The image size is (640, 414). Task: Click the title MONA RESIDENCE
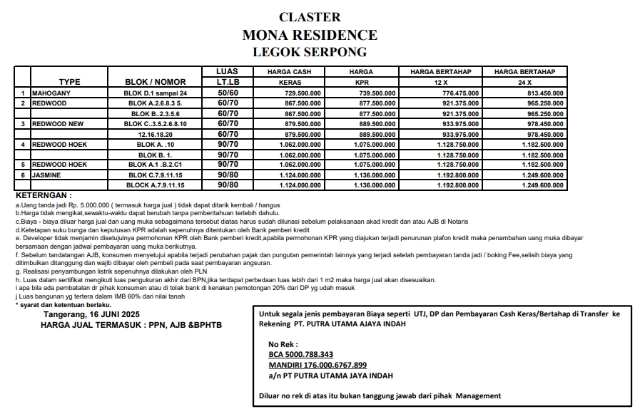[x=310, y=35]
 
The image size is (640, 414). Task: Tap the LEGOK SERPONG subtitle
[x=310, y=52]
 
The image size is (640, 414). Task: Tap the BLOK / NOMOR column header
[x=155, y=82]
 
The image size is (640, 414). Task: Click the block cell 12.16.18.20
[x=156, y=134]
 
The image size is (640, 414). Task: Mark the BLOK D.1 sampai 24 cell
[x=155, y=93]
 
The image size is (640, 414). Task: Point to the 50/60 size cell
[x=228, y=93]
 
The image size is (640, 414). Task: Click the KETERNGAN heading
[x=44, y=195]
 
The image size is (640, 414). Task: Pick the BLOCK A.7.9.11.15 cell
[x=156, y=185]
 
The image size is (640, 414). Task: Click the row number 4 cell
[x=23, y=144]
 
